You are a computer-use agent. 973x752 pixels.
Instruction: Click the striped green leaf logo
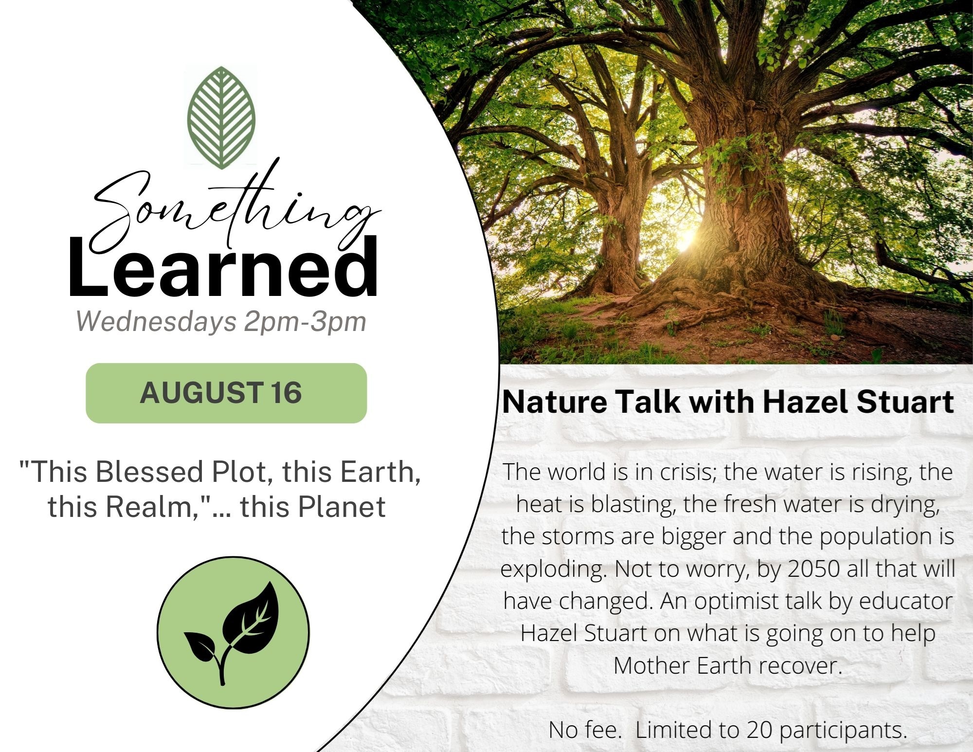(221, 117)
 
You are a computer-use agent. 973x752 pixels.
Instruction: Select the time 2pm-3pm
(305, 322)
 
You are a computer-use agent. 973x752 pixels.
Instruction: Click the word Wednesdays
(157, 321)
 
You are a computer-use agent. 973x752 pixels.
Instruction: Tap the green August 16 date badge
(226, 393)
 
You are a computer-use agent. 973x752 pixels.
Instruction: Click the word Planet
(342, 506)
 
